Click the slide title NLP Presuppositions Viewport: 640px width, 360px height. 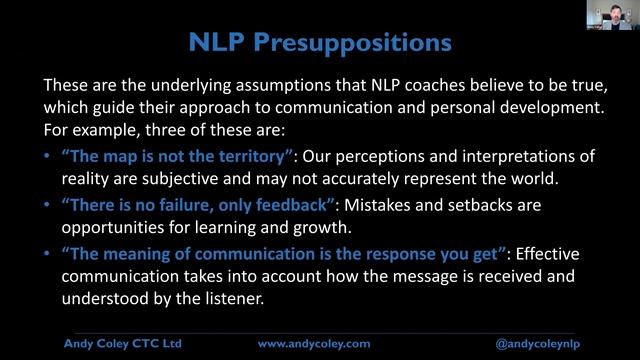pos(320,42)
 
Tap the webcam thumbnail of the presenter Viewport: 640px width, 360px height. pos(611,16)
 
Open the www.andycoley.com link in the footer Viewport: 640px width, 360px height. pos(313,342)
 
